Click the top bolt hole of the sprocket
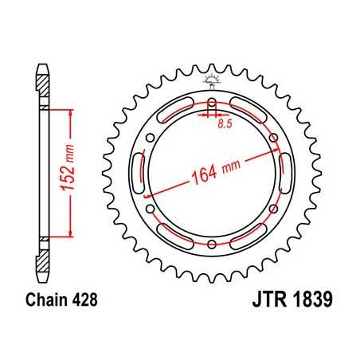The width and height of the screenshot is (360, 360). coord(212,105)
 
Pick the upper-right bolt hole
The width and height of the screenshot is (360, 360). coord(272,139)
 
